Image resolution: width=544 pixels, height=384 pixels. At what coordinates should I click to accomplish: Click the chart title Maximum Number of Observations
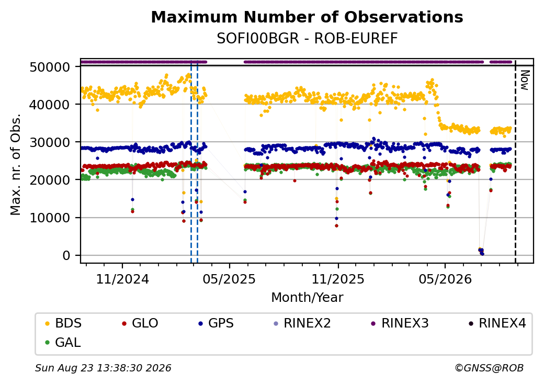coord(307,17)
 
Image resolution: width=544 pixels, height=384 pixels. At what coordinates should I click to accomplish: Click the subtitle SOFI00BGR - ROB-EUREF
coord(307,39)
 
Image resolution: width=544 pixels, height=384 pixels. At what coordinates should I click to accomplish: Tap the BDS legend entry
coord(63,323)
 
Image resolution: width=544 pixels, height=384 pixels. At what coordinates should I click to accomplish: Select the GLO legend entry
coord(140,323)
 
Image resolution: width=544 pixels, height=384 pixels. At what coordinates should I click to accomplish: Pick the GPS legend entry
coord(216,323)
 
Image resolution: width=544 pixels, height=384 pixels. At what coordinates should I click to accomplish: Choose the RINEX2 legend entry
coord(302,323)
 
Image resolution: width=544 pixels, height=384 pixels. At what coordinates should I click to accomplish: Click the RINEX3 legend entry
coord(400,323)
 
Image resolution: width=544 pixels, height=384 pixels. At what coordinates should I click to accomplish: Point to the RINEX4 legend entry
coord(497,323)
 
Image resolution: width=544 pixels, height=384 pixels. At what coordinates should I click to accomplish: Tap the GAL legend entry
coord(63,342)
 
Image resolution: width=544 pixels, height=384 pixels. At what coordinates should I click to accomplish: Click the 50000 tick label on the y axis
coord(50,67)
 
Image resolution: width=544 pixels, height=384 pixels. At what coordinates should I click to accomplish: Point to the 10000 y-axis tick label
coord(50,218)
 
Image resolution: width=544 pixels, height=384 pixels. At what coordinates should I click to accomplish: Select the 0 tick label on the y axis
coord(66,256)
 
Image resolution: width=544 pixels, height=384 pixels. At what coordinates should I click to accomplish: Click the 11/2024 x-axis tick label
coord(122,279)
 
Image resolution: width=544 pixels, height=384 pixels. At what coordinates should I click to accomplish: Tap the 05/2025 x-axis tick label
coord(229,279)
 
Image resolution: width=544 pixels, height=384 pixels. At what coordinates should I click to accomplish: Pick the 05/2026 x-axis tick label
coord(446,279)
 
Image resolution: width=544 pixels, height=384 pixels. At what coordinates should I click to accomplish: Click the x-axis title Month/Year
coord(307,298)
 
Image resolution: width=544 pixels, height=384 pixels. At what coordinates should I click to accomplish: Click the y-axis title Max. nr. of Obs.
coord(16,164)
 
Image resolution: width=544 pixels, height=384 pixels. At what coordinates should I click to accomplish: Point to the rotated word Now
coord(525,80)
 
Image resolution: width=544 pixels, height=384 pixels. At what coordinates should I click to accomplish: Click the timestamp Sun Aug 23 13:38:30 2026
coord(103,368)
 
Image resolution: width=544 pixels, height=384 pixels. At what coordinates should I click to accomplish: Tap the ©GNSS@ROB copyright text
coord(489,368)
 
